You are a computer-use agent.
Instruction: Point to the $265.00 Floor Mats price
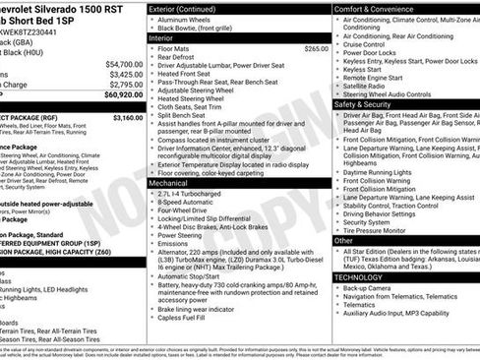pos(317,47)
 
